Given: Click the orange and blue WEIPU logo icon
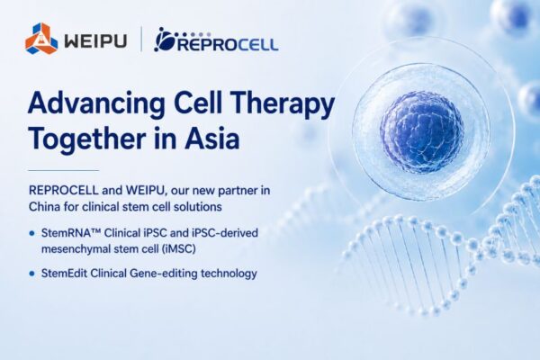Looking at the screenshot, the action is tap(41, 38).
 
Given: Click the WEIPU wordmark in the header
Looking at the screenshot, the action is tap(95, 40).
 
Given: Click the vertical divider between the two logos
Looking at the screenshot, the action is tap(141, 40).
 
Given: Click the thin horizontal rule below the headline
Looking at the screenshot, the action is tap(63, 170).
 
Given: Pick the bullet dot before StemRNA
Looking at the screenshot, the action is tap(32, 234).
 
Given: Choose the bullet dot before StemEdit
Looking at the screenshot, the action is tap(32, 274).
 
